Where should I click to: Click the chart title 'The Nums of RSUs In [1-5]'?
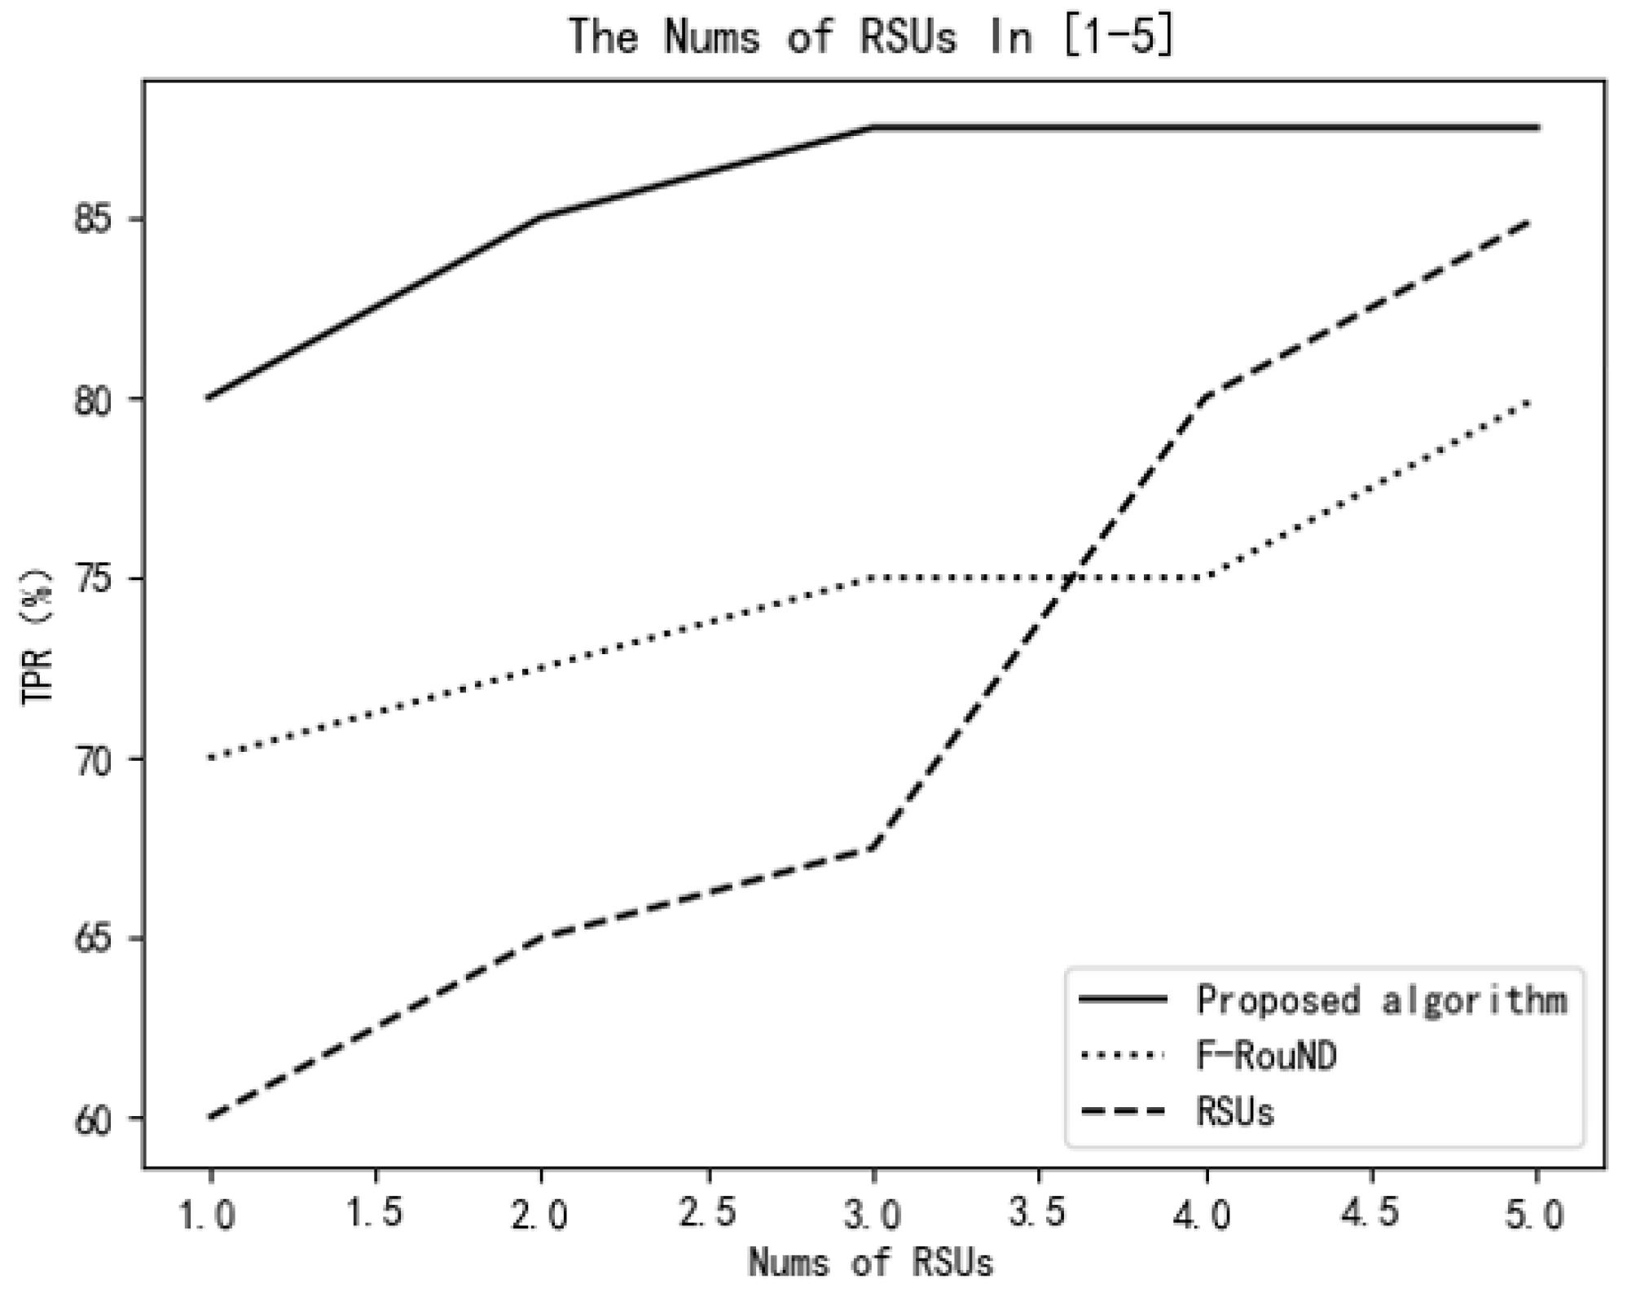coord(870,37)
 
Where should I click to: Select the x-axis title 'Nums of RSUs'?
coord(870,1263)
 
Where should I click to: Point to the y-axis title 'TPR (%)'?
coord(37,635)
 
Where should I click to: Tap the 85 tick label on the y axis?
coord(92,221)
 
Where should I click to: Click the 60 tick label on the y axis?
coord(92,1121)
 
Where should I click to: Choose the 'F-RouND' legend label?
coord(1266,1057)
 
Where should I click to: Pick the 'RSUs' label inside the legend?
coord(1235,1112)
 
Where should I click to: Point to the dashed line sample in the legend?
coord(1123,1112)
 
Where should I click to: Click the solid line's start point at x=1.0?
coord(209,398)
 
